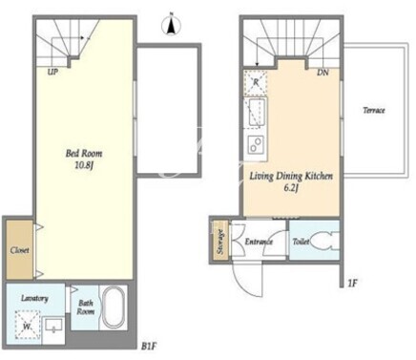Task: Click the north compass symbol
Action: [172, 26]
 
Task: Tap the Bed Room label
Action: [84, 154]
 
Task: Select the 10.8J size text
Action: [84, 165]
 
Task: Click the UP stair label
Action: [52, 73]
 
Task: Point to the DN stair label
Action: [322, 73]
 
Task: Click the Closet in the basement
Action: [20, 250]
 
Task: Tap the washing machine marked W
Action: [27, 326]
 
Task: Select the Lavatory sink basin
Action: [53, 326]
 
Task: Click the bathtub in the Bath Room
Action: [114, 307]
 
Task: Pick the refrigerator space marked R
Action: [256, 83]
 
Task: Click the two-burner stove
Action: [256, 145]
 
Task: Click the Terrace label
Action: [374, 111]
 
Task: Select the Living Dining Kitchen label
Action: [291, 176]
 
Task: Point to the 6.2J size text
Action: [291, 188]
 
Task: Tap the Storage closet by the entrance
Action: [220, 242]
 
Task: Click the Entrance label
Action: [259, 242]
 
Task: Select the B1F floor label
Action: [150, 346]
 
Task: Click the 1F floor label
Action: [353, 283]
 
